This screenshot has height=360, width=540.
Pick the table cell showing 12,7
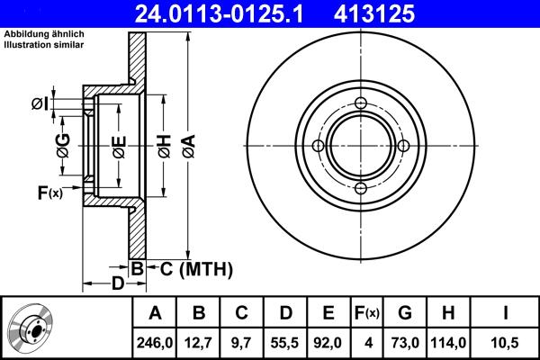click(199, 341)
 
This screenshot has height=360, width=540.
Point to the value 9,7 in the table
click(242, 341)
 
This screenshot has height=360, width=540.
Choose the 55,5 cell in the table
click(285, 341)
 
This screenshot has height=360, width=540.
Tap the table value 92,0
click(328, 341)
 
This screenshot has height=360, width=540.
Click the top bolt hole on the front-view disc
click(359, 104)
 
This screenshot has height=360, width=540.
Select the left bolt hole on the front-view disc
click(318, 146)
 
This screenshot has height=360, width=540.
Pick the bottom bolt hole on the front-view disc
click(359, 187)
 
